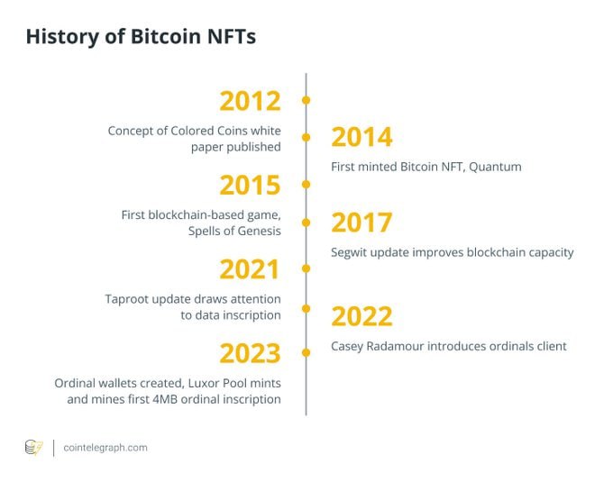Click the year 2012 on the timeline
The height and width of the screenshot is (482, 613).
pos(251,101)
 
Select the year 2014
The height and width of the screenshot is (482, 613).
pos(361,137)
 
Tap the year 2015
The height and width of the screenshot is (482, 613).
pos(251,185)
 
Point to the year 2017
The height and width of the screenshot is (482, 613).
pos(361,223)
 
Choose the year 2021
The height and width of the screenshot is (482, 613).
pos(250,269)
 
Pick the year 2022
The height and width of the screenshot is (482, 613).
pos(361,316)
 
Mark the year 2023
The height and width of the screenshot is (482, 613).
pos(251,353)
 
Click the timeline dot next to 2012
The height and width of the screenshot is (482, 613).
pos(306,100)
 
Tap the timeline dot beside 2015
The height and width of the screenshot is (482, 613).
pos(306,185)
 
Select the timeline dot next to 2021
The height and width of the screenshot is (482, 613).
pos(306,268)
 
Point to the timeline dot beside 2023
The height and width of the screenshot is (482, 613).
pos(306,352)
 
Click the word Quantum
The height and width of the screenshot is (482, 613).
pos(495,167)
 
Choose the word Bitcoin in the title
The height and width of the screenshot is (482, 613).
pos(165,36)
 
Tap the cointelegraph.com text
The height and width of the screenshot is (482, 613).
pos(105,448)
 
